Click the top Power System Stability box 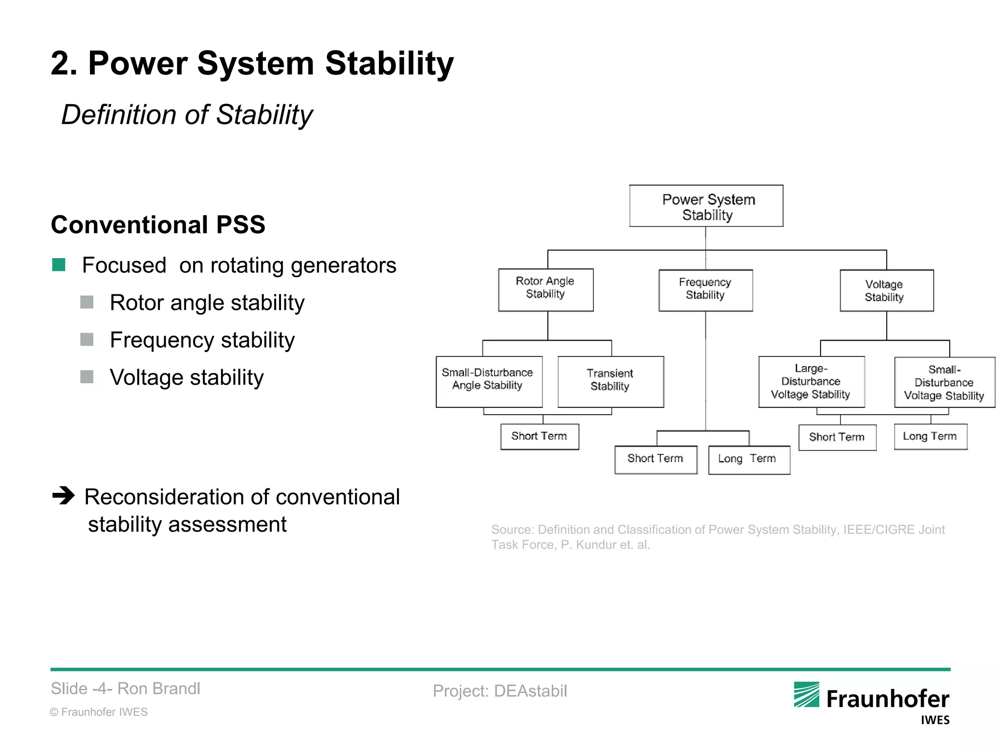tap(706, 206)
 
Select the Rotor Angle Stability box tap(545, 289)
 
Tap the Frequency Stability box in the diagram tap(705, 290)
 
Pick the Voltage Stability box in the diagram tap(886, 290)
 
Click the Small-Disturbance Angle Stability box tap(489, 381)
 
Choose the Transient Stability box tap(610, 381)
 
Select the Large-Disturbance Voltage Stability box tap(811, 381)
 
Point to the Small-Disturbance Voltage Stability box tap(944, 382)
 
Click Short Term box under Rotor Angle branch tap(540, 436)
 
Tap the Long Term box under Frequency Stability tap(749, 459)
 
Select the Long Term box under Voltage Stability tap(930, 436)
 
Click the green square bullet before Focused tap(59, 265)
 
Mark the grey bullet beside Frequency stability tap(87, 339)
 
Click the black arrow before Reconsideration tap(64, 496)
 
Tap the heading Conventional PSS tap(158, 225)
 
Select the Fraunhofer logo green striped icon tap(806, 695)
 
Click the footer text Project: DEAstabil tap(500, 691)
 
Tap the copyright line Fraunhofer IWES tap(99, 712)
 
